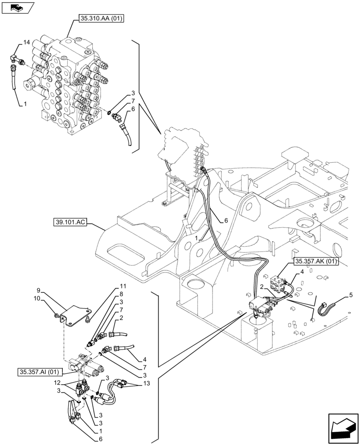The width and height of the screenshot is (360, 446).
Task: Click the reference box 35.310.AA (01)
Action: tap(101, 19)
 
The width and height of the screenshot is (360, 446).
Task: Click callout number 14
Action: tap(27, 42)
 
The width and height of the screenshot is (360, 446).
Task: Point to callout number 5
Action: tap(351, 295)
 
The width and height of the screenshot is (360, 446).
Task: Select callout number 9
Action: tap(39, 290)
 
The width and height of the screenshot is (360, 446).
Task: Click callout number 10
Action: tap(38, 298)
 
